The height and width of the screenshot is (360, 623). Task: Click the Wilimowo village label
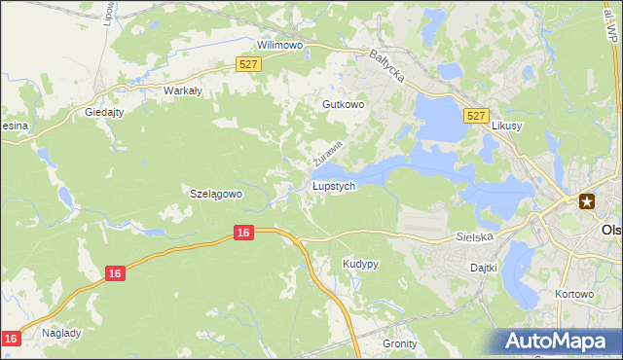pyautogui.click(x=280, y=45)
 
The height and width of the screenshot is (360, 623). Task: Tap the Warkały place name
pyautogui.click(x=182, y=90)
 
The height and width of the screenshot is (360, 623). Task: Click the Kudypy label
pyautogui.click(x=360, y=264)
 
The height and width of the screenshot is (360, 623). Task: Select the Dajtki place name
pyautogui.click(x=483, y=267)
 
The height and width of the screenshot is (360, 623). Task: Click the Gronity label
pyautogui.click(x=400, y=343)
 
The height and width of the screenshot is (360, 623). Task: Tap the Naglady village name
pyautogui.click(x=61, y=332)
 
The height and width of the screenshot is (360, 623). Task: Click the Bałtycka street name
pyautogui.click(x=387, y=67)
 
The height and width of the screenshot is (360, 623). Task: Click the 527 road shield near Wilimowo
pyautogui.click(x=248, y=64)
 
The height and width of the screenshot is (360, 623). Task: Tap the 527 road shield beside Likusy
pyautogui.click(x=476, y=116)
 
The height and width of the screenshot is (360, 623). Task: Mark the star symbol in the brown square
pyautogui.click(x=587, y=201)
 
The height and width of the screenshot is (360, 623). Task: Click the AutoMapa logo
pyautogui.click(x=559, y=341)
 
